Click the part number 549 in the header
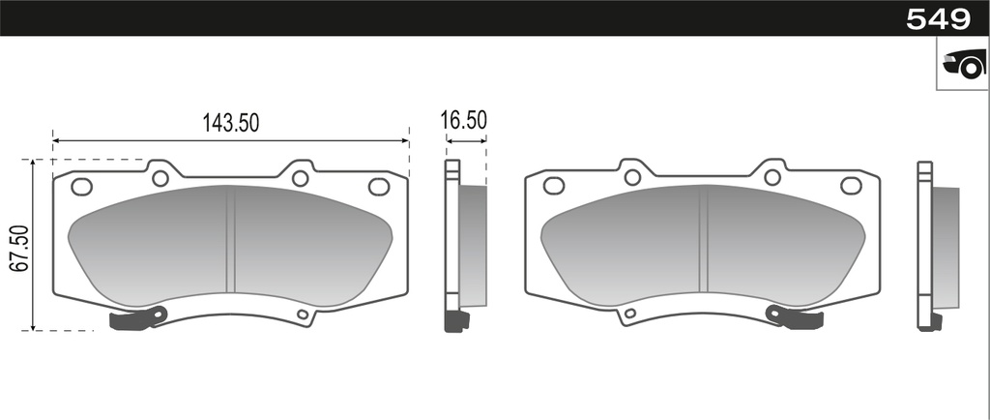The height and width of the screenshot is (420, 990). pyautogui.click(x=937, y=18)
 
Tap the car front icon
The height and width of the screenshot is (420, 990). pyautogui.click(x=963, y=66)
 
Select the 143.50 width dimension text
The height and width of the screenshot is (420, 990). pyautogui.click(x=230, y=123)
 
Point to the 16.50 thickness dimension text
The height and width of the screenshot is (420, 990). pyautogui.click(x=463, y=120)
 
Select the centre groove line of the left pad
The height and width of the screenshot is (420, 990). pyautogui.click(x=230, y=240)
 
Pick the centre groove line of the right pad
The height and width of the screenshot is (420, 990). pyautogui.click(x=703, y=240)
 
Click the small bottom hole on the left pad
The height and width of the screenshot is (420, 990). pyautogui.click(x=303, y=315)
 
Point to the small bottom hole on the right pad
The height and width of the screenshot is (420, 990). pyautogui.click(x=630, y=315)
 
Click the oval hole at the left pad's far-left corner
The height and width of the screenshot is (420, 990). pyautogui.click(x=82, y=187)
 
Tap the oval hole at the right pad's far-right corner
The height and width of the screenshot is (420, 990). pyautogui.click(x=851, y=186)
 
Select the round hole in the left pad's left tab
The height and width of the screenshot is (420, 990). pyautogui.click(x=160, y=178)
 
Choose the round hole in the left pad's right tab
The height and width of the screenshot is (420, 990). pyautogui.click(x=300, y=178)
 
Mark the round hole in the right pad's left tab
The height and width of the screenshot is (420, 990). pyautogui.click(x=632, y=177)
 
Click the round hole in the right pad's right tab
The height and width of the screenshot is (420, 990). pyautogui.click(x=772, y=177)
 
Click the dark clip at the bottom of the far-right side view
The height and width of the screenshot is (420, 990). pyautogui.click(x=929, y=322)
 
